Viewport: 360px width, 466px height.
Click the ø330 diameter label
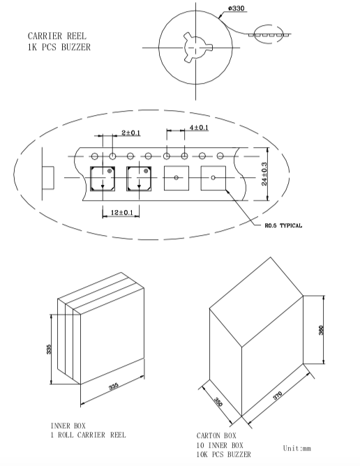(237, 8)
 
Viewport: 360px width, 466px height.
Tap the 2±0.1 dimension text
(130, 133)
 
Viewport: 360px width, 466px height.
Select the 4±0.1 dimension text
(199, 128)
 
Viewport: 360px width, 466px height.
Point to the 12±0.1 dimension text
(121, 213)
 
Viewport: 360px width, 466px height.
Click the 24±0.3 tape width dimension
(264, 174)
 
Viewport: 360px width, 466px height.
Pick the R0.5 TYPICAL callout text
(283, 225)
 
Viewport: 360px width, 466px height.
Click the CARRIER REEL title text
(57, 36)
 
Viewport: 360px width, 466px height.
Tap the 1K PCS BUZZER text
(59, 47)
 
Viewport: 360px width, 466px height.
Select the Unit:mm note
(297, 448)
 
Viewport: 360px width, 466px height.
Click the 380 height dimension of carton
(321, 330)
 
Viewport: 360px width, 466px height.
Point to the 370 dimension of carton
(277, 396)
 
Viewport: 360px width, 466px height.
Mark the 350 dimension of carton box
(218, 402)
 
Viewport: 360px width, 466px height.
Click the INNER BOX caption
(68, 426)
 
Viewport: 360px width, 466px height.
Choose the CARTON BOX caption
(216, 436)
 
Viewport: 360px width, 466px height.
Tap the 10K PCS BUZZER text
(223, 454)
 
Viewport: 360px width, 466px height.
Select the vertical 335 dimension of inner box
(49, 349)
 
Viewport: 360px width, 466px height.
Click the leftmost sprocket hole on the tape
(95, 156)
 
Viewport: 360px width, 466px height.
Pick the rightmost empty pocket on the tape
(213, 178)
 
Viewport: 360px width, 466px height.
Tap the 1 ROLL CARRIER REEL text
(89, 435)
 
